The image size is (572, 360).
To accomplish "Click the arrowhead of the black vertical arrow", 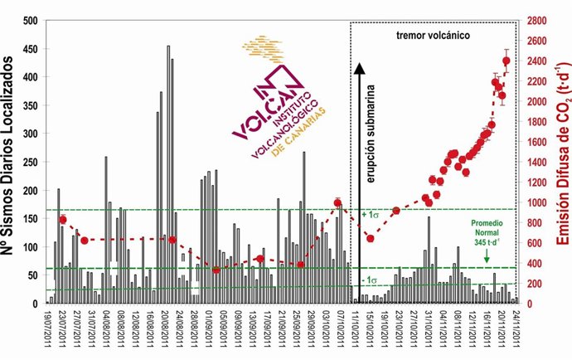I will tap(360, 66).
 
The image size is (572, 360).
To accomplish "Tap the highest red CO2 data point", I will tap(507, 61).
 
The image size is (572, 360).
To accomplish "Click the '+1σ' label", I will tap(370, 215).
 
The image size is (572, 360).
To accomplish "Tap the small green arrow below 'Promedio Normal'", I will tap(487, 259).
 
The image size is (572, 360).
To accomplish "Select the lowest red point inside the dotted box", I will tap(370, 239).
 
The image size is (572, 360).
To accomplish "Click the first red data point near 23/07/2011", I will tap(62, 219).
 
